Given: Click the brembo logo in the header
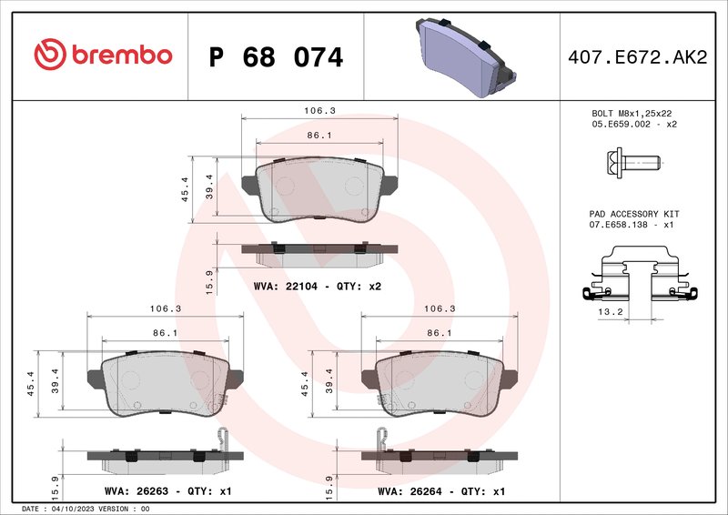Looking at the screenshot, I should pos(102,55).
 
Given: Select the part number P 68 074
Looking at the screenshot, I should pos(276,57).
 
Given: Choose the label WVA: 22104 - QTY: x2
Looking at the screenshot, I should pos(317,286).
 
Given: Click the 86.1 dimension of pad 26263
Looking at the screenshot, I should pos(165,333).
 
